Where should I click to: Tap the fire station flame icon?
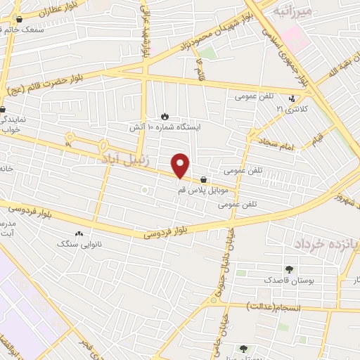[165, 116]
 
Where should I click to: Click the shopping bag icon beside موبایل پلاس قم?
[203, 179]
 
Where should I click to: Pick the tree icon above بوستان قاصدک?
[289, 269]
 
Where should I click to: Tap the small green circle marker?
[144, 190]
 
